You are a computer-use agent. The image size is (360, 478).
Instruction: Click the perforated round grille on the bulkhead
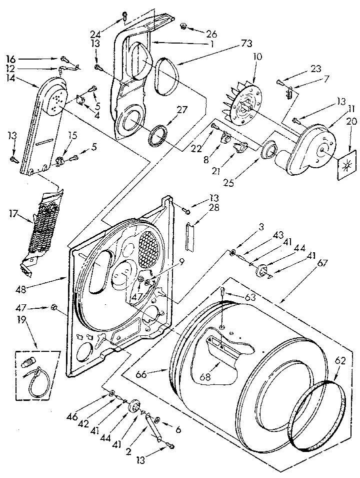coord(148,248)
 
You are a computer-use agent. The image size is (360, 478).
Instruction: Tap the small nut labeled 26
coord(183,25)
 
